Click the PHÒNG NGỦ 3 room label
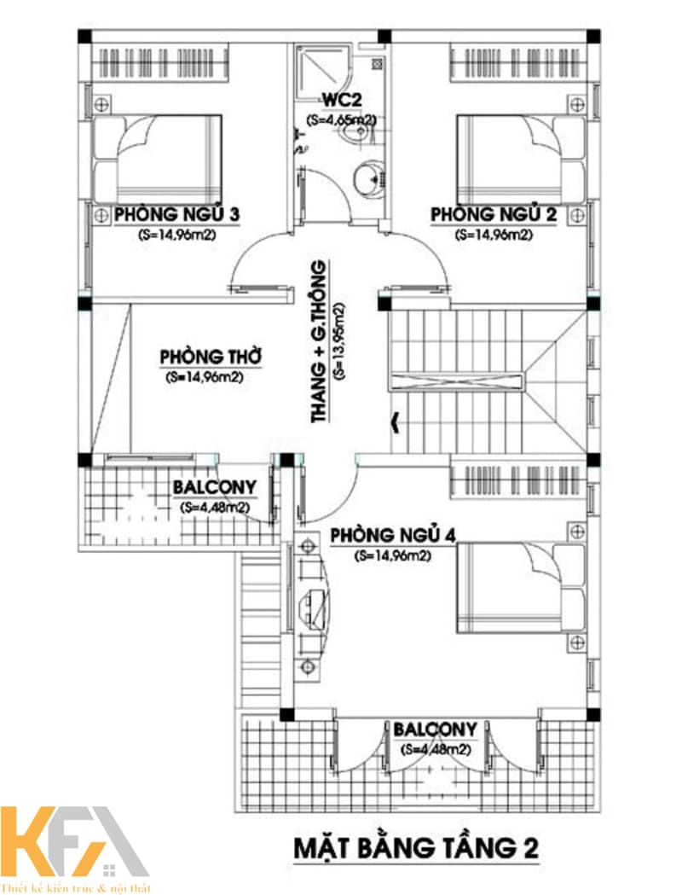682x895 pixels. (176, 215)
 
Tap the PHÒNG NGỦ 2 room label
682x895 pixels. (494, 215)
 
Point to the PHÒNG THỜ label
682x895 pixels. (211, 357)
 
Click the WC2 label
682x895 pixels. (342, 101)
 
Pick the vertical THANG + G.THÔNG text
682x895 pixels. (320, 341)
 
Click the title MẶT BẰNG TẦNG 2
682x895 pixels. (416, 847)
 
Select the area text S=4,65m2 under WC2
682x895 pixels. (341, 120)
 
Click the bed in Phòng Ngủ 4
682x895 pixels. (521, 587)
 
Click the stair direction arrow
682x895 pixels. (395, 422)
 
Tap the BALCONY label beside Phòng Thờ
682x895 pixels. (215, 487)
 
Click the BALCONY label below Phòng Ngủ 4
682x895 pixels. (435, 729)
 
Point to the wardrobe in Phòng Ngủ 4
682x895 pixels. (518, 484)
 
